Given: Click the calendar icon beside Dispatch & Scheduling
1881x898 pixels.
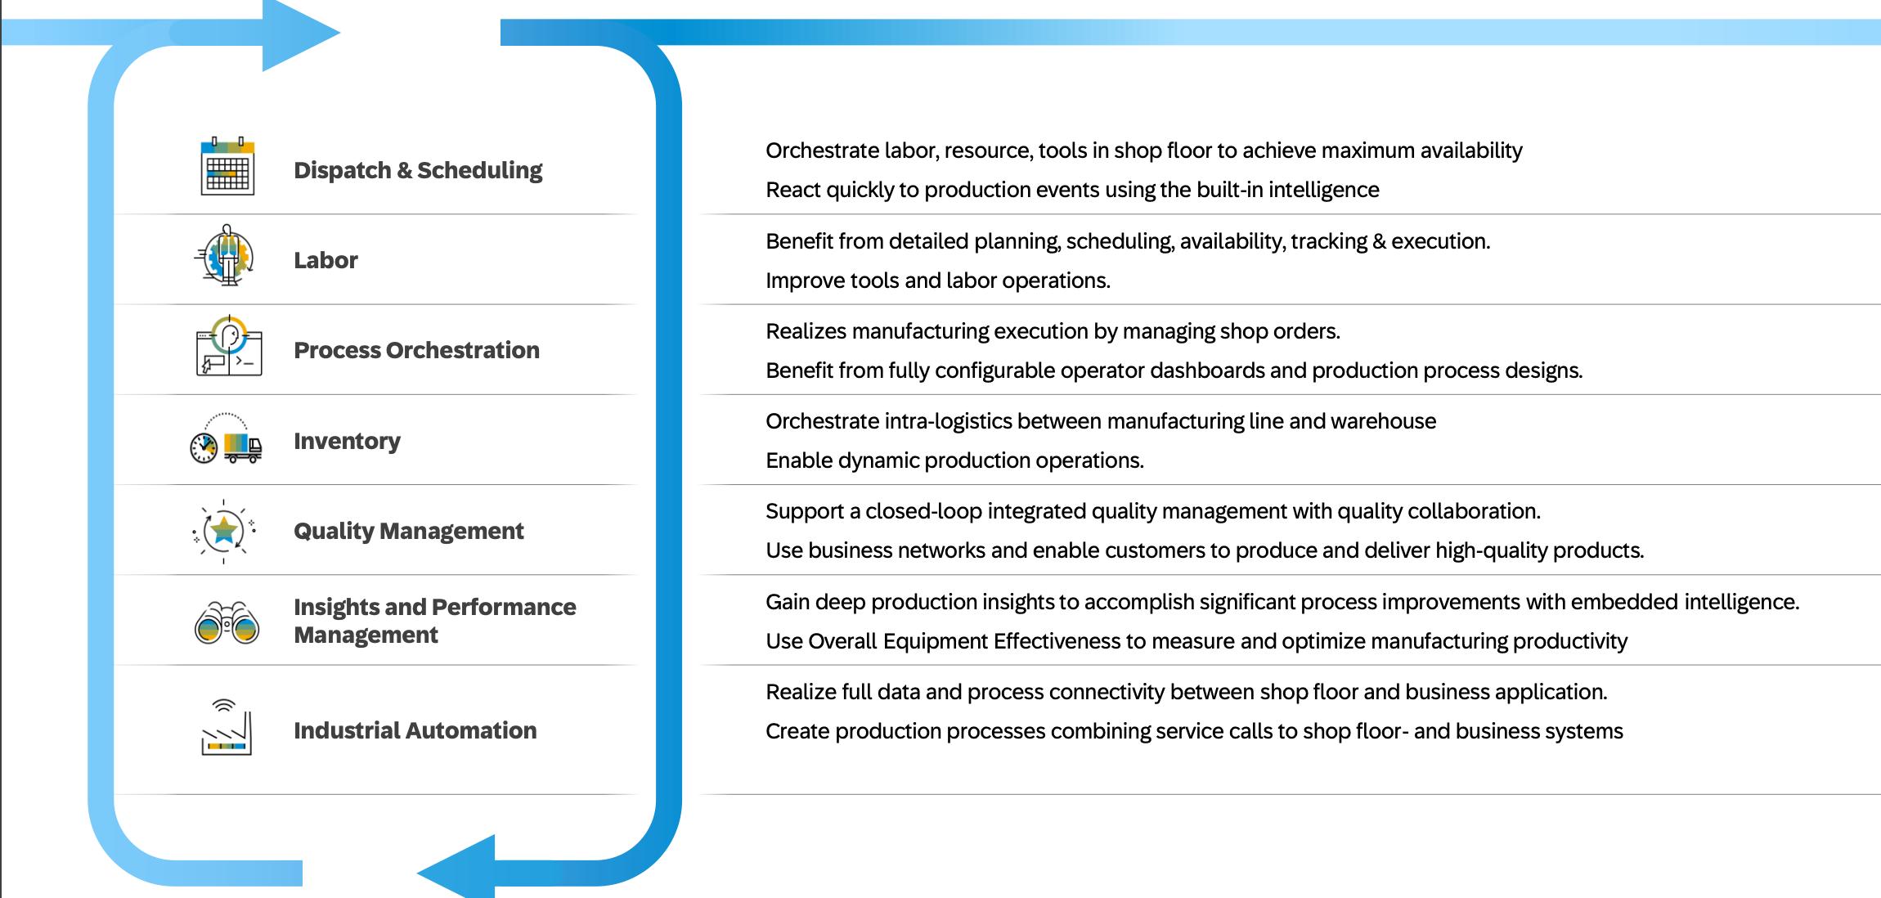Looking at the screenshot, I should (227, 167).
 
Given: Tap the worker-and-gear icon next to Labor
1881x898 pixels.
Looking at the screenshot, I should (226, 256).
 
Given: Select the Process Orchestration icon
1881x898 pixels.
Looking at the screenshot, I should (229, 347).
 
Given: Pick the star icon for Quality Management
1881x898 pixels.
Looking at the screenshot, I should (224, 531).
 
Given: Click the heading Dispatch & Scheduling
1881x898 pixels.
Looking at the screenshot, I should (417, 170).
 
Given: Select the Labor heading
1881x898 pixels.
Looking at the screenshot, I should (325, 260).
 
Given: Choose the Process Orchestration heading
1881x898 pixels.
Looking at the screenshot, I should (416, 350).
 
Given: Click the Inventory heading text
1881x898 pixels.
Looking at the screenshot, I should (347, 441).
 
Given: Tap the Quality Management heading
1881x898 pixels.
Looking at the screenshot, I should (408, 531).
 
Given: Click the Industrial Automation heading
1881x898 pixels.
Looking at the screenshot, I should (415, 730).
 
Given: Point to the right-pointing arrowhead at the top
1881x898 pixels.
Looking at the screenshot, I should (299, 34).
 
